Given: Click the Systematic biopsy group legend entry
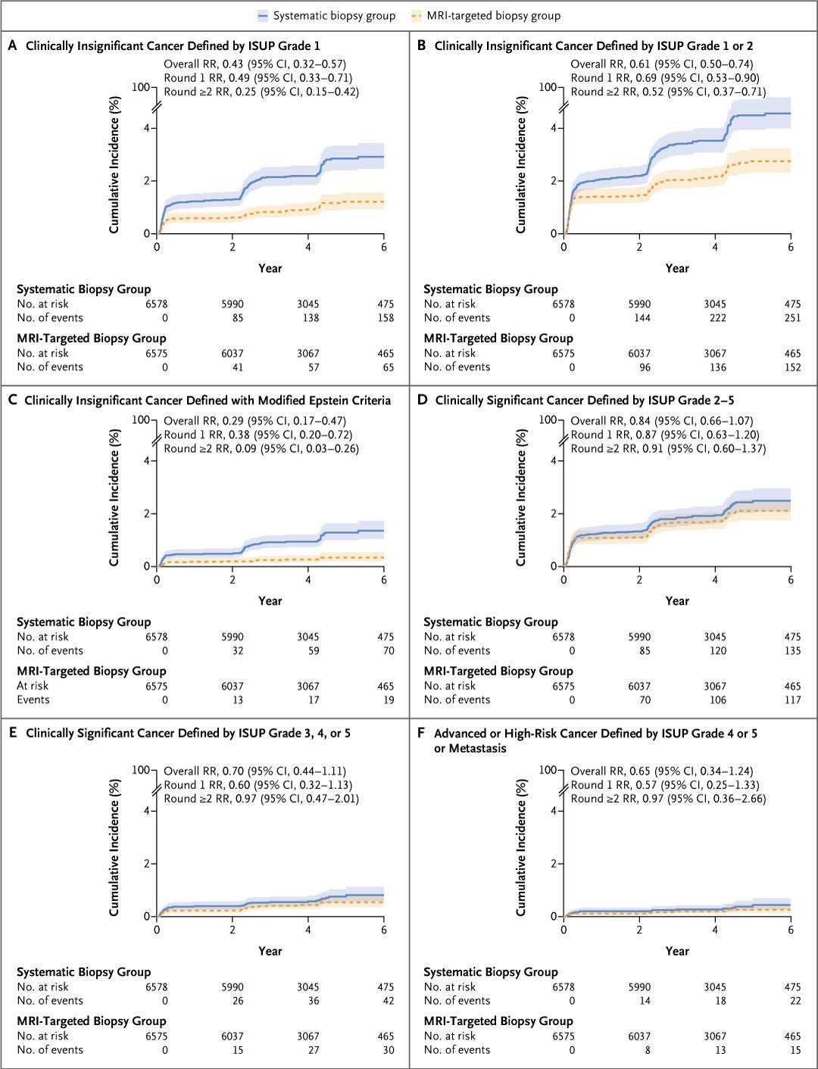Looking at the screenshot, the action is (326, 16).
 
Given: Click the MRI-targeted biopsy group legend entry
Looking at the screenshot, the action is (486, 16).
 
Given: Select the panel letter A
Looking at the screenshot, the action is (13, 45).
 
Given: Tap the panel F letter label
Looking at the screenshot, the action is (421, 733).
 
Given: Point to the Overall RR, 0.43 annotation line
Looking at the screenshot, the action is (254, 64).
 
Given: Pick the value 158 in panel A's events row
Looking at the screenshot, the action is (386, 317).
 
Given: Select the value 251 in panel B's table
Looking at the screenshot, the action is (793, 317).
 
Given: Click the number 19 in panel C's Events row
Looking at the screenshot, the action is (389, 700).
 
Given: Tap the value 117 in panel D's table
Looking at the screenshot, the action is (793, 700).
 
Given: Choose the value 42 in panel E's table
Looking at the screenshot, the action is (389, 1000).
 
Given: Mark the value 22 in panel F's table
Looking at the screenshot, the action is (795, 1000).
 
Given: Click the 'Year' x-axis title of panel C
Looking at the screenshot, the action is (270, 600).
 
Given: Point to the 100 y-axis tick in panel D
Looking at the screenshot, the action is (548, 419).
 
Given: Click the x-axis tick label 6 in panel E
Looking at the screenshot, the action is (384, 930).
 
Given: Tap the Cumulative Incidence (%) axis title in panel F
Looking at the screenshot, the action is (521, 847).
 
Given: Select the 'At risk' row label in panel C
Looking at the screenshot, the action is (33, 685).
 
